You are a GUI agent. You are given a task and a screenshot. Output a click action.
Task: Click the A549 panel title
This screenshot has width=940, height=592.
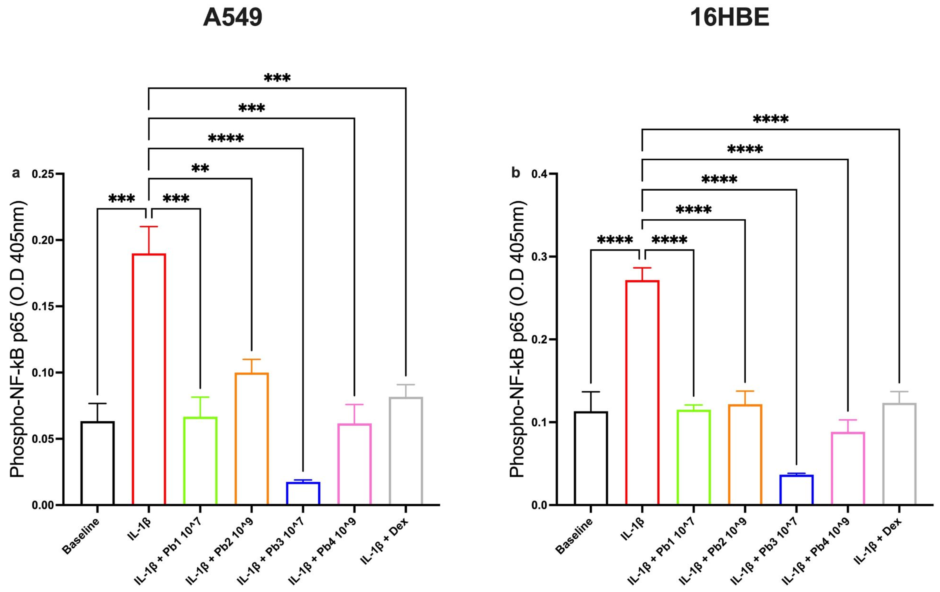(x=232, y=18)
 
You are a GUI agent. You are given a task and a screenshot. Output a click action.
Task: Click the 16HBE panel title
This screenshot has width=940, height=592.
(x=729, y=18)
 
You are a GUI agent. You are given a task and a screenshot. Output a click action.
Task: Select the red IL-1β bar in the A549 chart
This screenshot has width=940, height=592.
(x=149, y=379)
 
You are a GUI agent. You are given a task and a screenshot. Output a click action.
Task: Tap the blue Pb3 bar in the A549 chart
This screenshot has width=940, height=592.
(x=303, y=493)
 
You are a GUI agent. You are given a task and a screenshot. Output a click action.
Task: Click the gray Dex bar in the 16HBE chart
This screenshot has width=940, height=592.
(x=899, y=454)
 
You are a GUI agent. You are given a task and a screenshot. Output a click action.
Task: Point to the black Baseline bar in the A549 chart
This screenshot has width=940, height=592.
(x=98, y=463)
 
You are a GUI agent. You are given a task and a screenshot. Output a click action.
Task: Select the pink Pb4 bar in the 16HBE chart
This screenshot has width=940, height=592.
(x=847, y=468)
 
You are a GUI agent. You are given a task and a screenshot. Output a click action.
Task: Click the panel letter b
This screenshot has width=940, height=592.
(x=516, y=173)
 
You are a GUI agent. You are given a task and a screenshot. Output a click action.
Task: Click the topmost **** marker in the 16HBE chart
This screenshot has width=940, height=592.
(x=770, y=119)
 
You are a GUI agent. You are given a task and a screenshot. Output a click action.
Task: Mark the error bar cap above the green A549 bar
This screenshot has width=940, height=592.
(x=200, y=397)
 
